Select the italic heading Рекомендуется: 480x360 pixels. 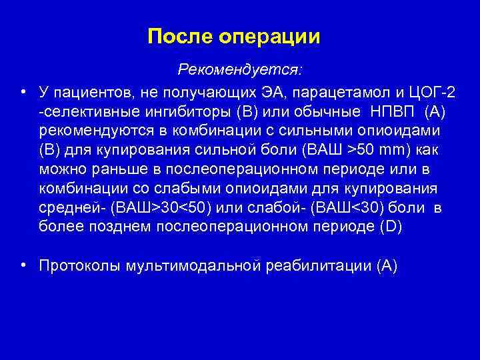[240, 69]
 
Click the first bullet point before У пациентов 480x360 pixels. [23, 91]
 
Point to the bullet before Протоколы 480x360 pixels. [23, 266]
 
